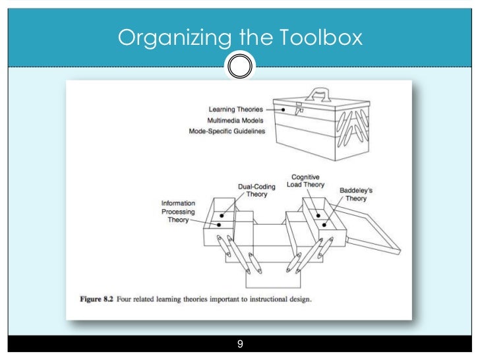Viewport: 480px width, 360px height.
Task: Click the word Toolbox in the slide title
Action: click(322, 38)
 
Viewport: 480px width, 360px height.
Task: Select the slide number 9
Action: click(240, 344)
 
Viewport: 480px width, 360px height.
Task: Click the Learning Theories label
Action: click(235, 109)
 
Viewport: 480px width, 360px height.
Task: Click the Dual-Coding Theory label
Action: click(257, 191)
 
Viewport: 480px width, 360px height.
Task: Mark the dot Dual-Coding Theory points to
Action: click(222, 215)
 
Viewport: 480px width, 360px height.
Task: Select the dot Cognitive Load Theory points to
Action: click(318, 214)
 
